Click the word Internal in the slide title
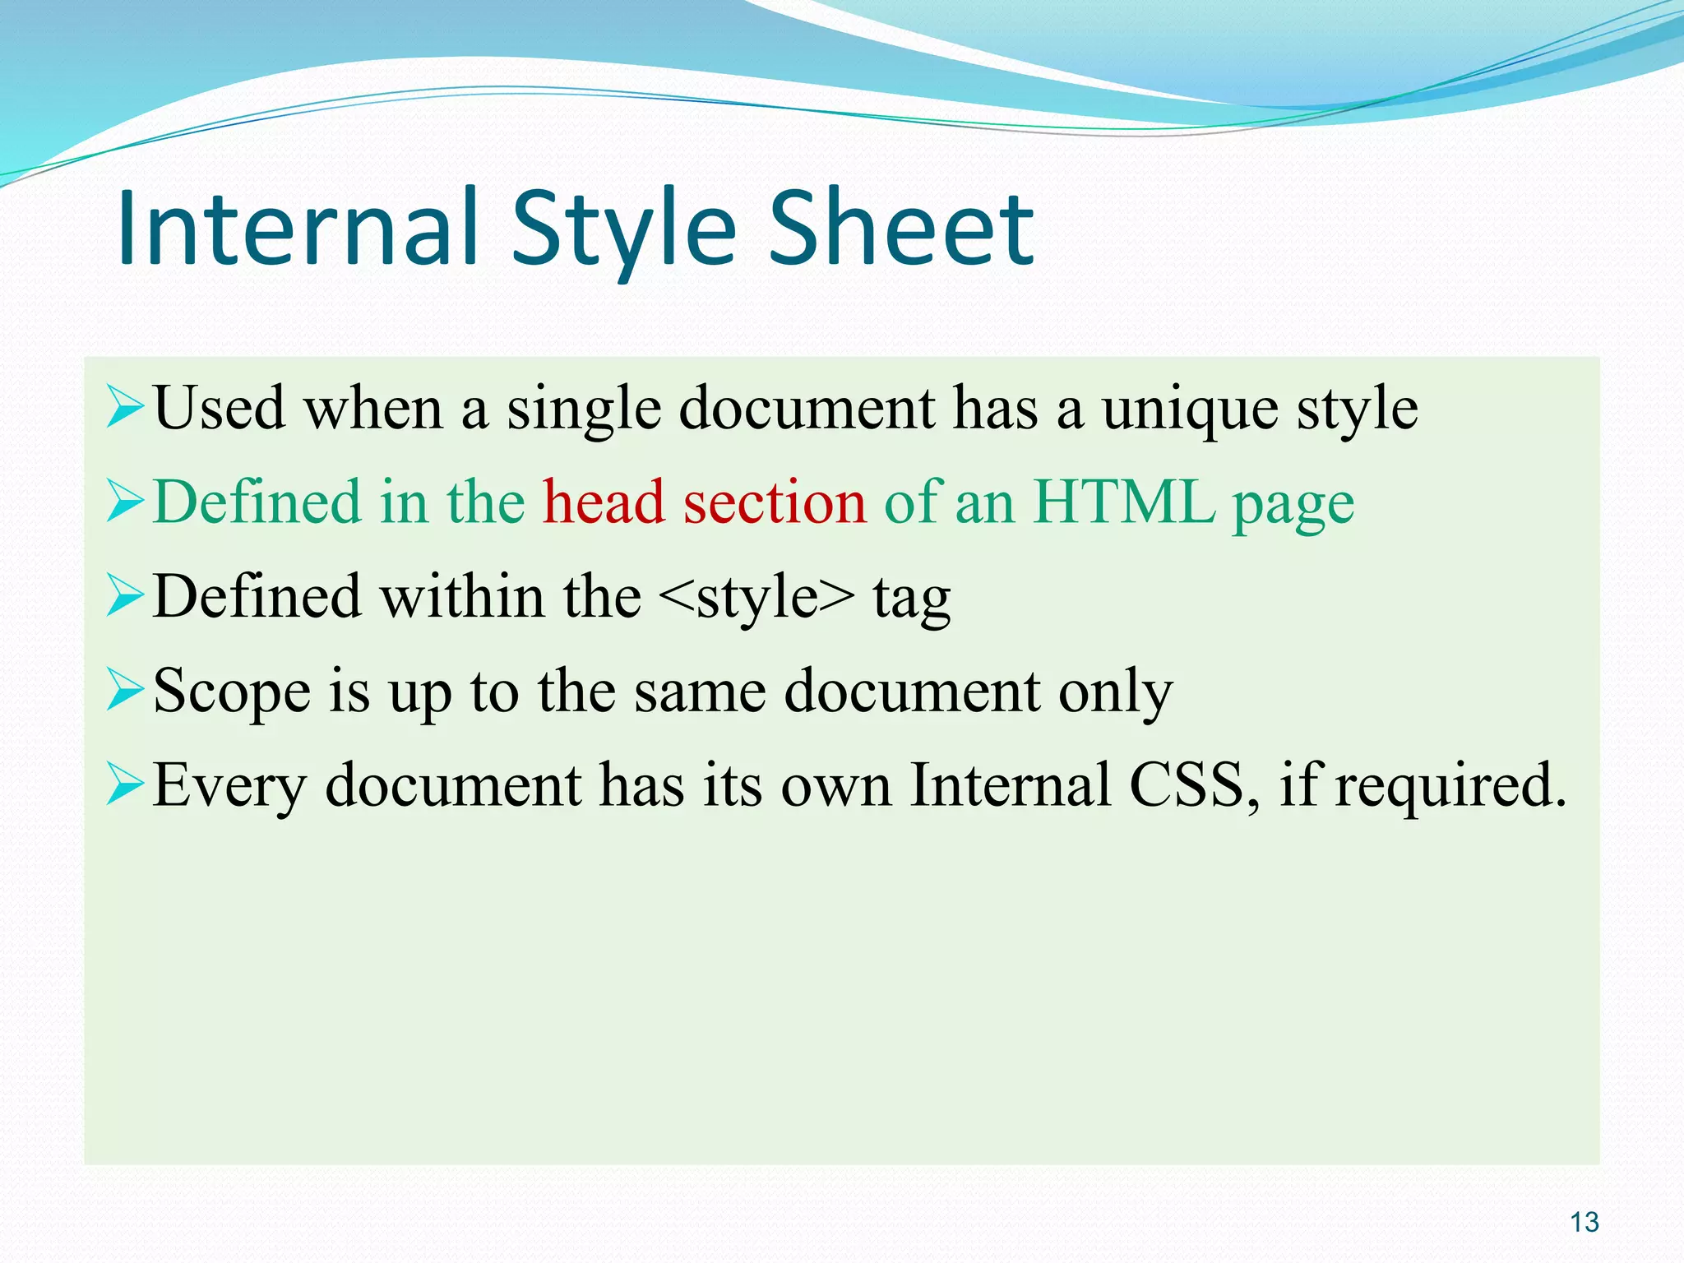298,228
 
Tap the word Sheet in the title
901,228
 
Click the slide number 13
1584,1222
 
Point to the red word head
604,502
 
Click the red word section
775,502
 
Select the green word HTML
1123,502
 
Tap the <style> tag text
756,596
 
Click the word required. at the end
1450,786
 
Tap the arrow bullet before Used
125,409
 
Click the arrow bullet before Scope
125,691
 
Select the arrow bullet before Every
125,785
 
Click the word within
462,596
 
